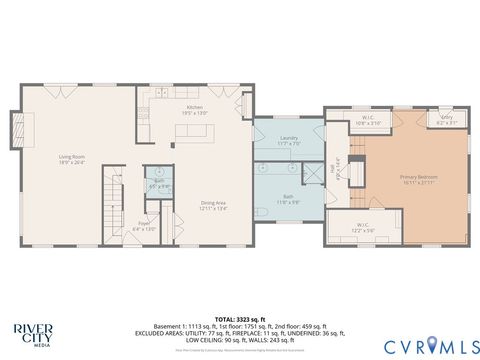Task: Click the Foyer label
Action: [144, 225]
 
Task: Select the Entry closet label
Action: [446, 119]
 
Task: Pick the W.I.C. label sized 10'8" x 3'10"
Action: [368, 120]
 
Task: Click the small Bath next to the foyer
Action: [158, 183]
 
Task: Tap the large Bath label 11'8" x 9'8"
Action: [288, 199]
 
